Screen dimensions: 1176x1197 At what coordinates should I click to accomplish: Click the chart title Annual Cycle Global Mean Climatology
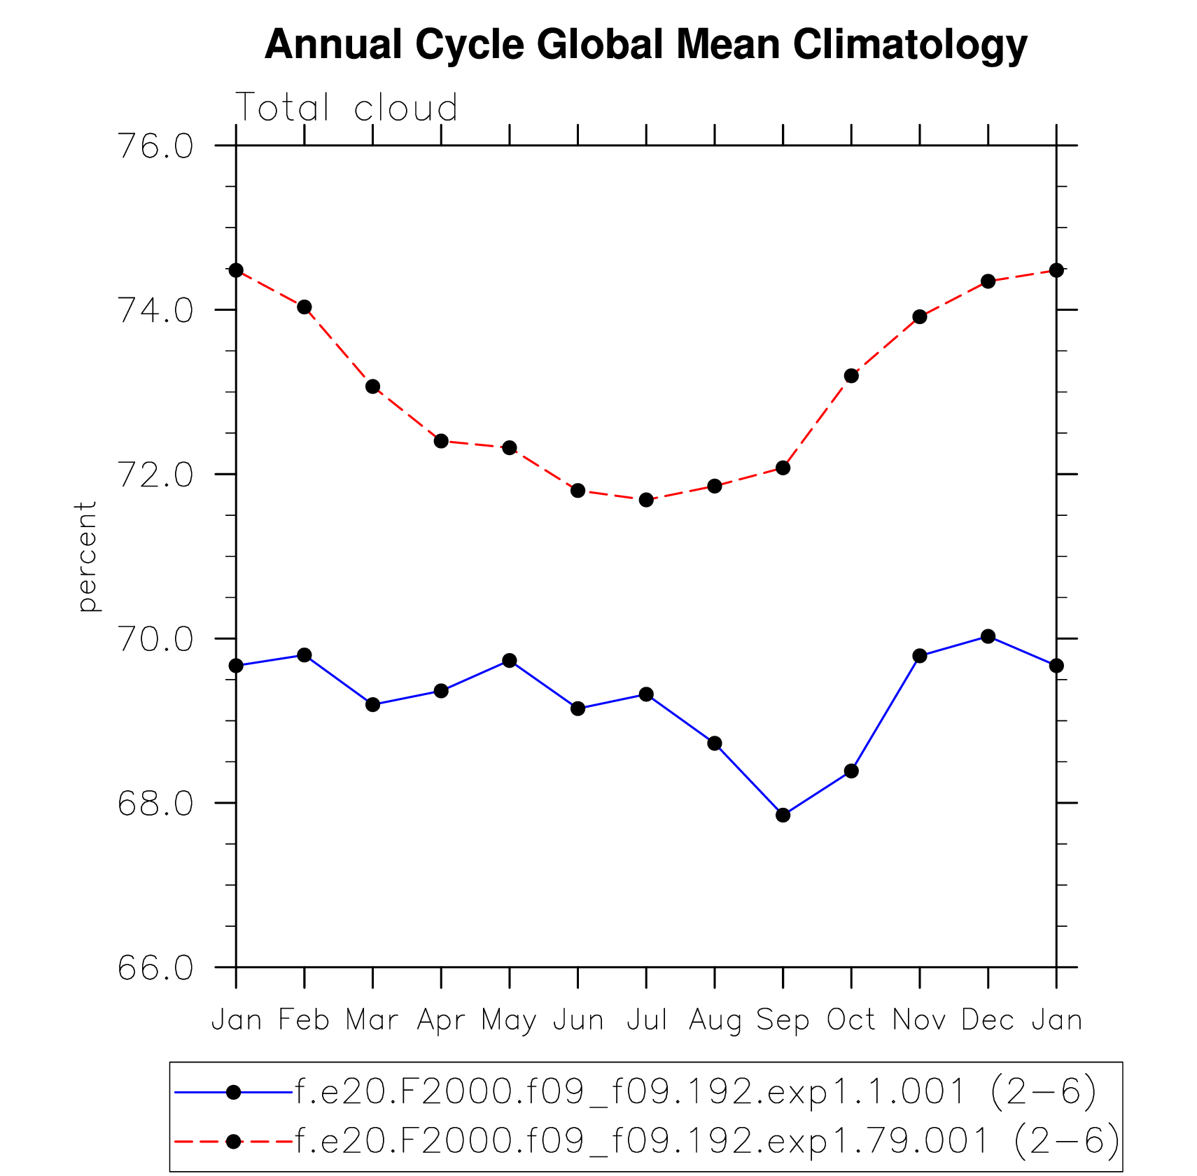click(645, 45)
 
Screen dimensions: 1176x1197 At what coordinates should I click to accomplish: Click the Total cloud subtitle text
click(346, 108)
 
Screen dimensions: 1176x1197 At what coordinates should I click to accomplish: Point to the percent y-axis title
click(87, 556)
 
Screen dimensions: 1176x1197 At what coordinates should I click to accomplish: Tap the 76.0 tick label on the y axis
click(155, 146)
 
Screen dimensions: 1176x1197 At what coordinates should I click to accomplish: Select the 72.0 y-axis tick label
click(155, 475)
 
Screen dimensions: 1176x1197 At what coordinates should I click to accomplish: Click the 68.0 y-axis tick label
click(155, 804)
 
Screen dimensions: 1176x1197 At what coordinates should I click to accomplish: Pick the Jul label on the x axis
click(646, 1020)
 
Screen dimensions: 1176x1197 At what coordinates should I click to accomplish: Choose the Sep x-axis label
click(783, 1020)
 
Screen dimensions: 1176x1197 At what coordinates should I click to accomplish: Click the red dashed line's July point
click(646, 500)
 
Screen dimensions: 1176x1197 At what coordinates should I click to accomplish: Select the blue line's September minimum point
click(783, 815)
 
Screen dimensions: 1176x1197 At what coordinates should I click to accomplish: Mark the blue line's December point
click(988, 636)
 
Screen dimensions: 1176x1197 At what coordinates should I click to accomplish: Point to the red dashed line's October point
click(851, 376)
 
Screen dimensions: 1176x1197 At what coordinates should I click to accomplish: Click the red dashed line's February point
click(304, 307)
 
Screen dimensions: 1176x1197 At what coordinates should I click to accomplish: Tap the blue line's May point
click(510, 660)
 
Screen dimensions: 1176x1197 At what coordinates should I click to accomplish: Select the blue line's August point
click(714, 743)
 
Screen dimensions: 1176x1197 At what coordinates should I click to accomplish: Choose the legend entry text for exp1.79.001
click(707, 1142)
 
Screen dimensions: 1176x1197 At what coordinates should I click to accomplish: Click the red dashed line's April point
click(441, 441)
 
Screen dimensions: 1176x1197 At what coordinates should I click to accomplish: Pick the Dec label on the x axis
click(988, 1020)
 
